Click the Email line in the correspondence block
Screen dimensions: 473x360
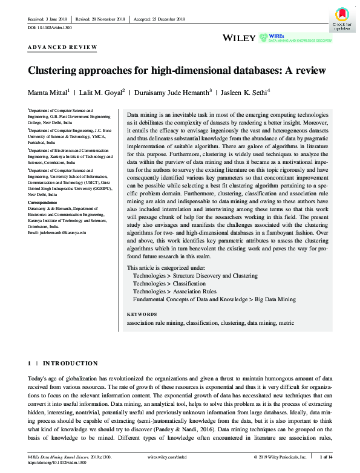click(58, 232)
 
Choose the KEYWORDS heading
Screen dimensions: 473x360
click(142, 315)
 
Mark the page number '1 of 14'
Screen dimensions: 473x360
click(329, 457)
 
